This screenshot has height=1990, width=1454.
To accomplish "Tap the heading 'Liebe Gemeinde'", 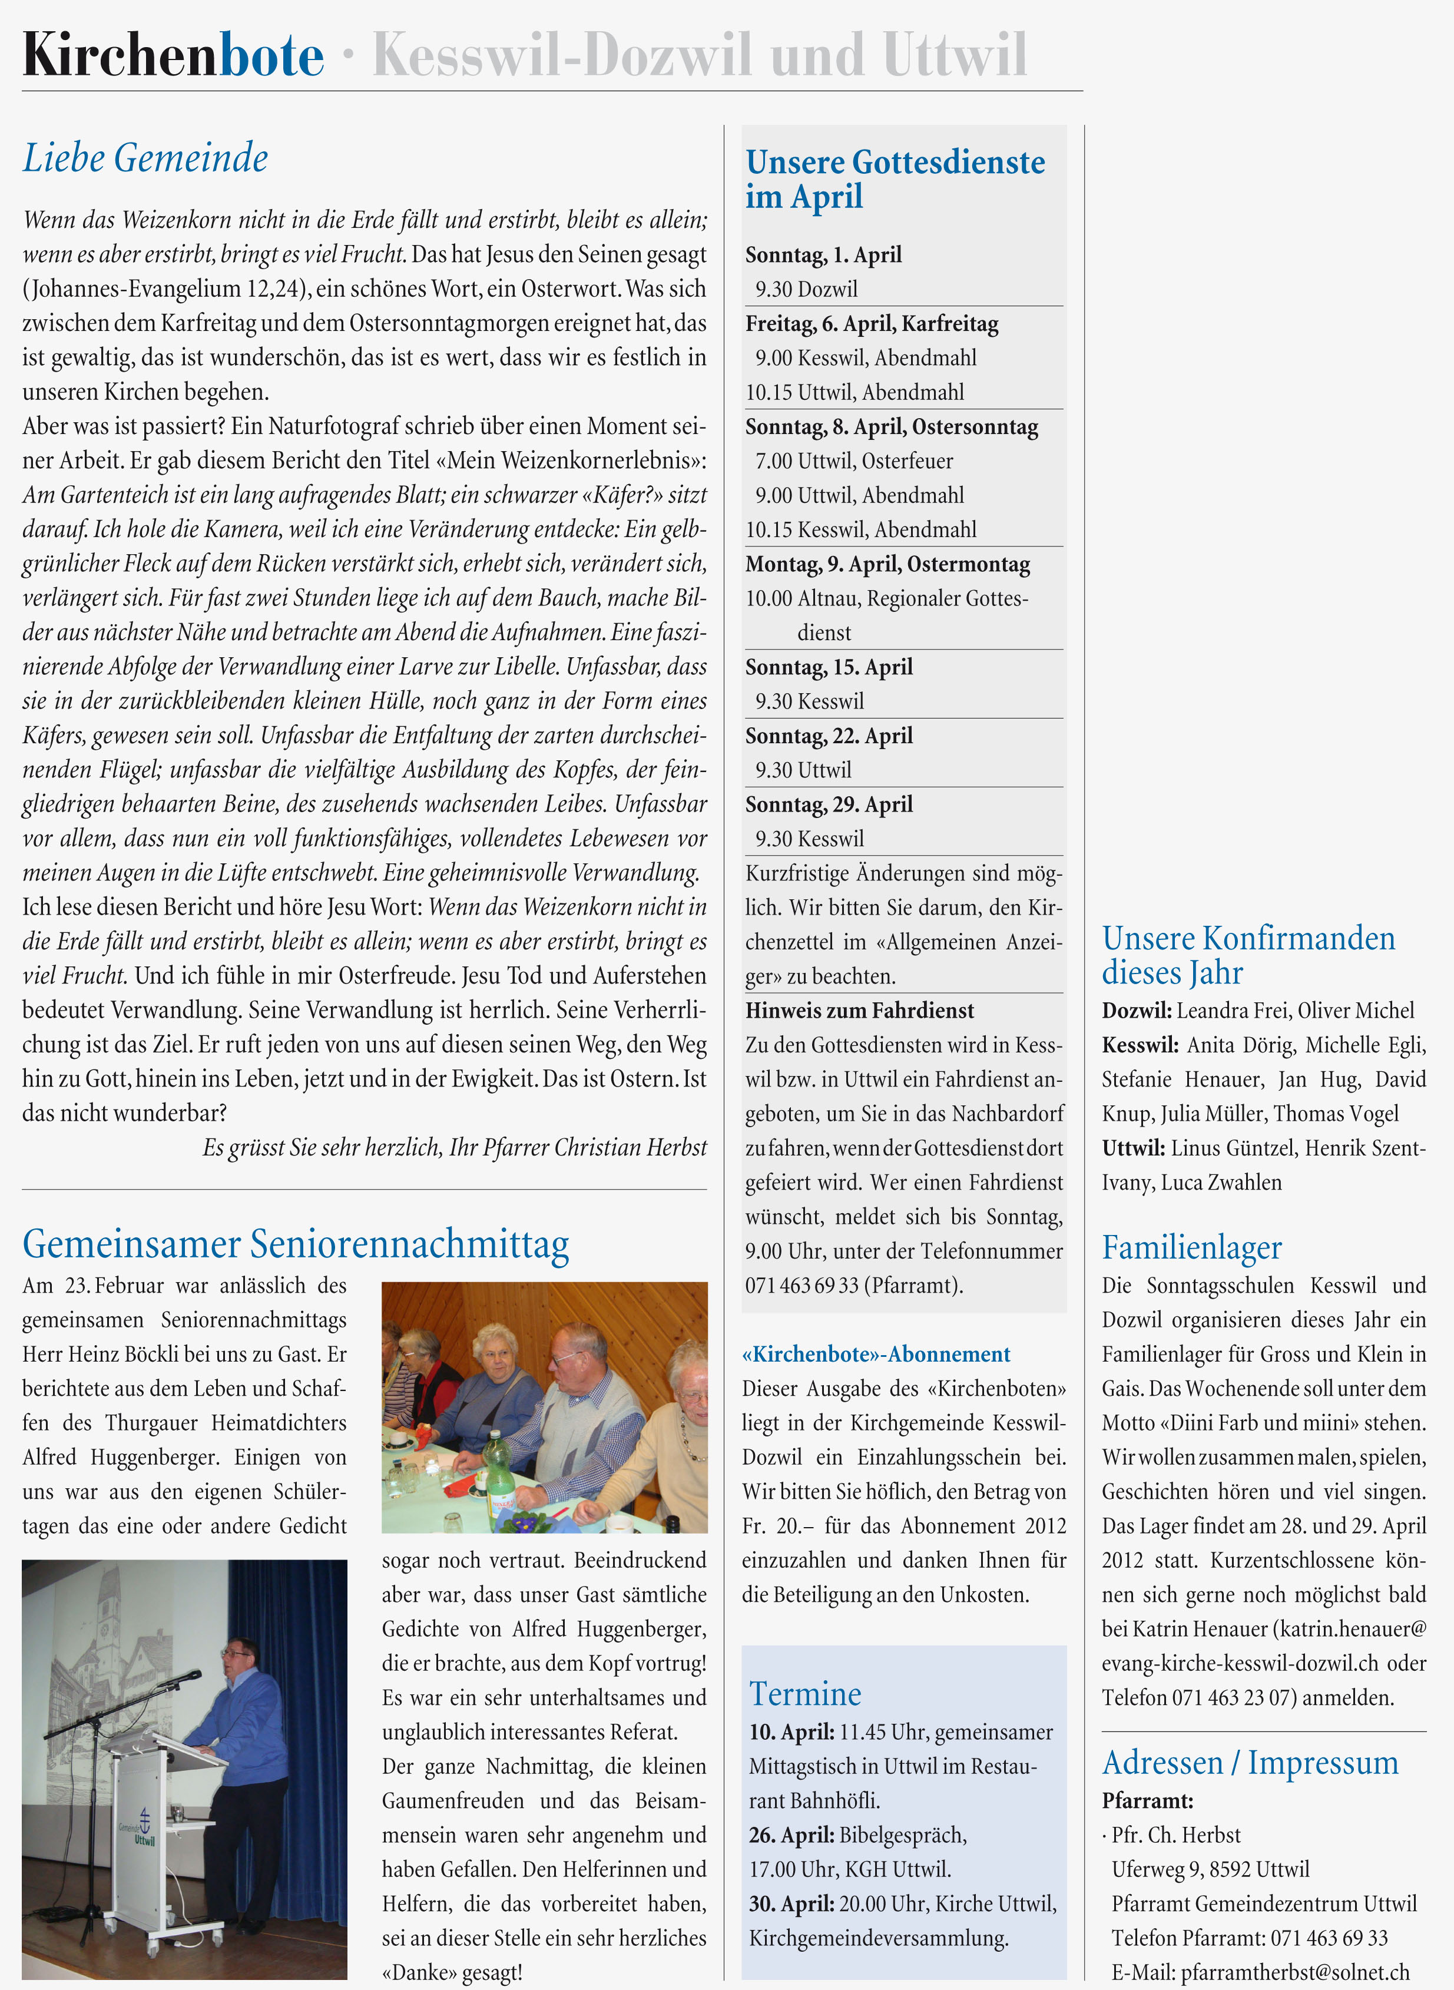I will [145, 158].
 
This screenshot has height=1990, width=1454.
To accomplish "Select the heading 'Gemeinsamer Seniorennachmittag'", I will [296, 1244].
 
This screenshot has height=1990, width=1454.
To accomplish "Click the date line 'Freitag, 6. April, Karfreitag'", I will [872, 324].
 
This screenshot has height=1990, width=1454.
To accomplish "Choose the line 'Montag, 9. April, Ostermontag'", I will [887, 564].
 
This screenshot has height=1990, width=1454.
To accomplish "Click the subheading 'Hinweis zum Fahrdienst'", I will [859, 1011].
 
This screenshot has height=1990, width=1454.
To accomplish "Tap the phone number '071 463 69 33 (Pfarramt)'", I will [854, 1286].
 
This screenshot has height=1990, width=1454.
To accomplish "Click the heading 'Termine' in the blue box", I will [804, 1693].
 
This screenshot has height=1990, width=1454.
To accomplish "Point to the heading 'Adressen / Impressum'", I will [1250, 1763].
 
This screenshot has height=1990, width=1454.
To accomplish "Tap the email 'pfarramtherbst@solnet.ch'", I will [1294, 1972].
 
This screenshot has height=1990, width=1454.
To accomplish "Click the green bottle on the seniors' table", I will [498, 1474].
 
